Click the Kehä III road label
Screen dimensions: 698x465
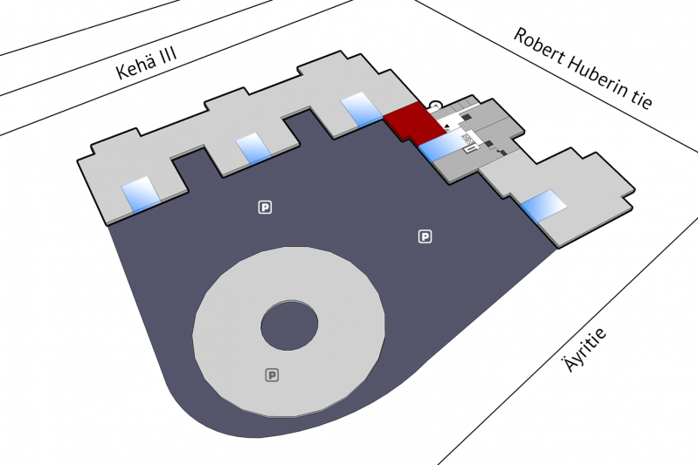pos(147,63)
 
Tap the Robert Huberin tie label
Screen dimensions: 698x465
pos(584,67)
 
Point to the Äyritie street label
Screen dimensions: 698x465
pos(585,350)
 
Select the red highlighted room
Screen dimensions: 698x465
pos(415,121)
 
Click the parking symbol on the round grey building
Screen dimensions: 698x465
pos(272,375)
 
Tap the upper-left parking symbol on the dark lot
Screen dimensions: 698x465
pos(265,207)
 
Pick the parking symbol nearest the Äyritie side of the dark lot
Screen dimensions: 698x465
pos(425,236)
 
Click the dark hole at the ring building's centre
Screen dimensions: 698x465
pos(289,325)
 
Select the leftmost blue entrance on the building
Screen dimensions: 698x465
pos(142,195)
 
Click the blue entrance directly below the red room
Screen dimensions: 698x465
pos(440,147)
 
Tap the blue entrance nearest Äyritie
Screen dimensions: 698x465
pos(544,206)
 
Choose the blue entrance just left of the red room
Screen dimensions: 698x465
pos(362,109)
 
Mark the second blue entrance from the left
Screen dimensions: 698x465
pos(253,149)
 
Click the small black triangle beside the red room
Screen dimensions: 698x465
pos(446,127)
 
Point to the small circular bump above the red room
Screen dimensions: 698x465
pos(434,105)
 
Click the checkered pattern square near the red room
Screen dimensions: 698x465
pos(467,138)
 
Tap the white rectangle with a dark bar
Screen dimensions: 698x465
pos(471,149)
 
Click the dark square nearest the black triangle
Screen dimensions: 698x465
pos(466,118)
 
